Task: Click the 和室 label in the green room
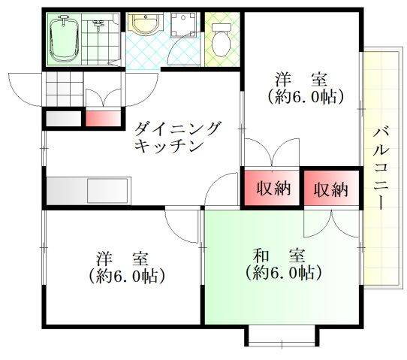point(279,254)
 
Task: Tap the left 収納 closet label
point(271,189)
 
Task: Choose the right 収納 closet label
point(330,189)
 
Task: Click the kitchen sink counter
point(89,190)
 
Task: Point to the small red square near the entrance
point(102,118)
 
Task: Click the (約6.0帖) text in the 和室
point(279,272)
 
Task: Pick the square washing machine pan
point(182,27)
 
